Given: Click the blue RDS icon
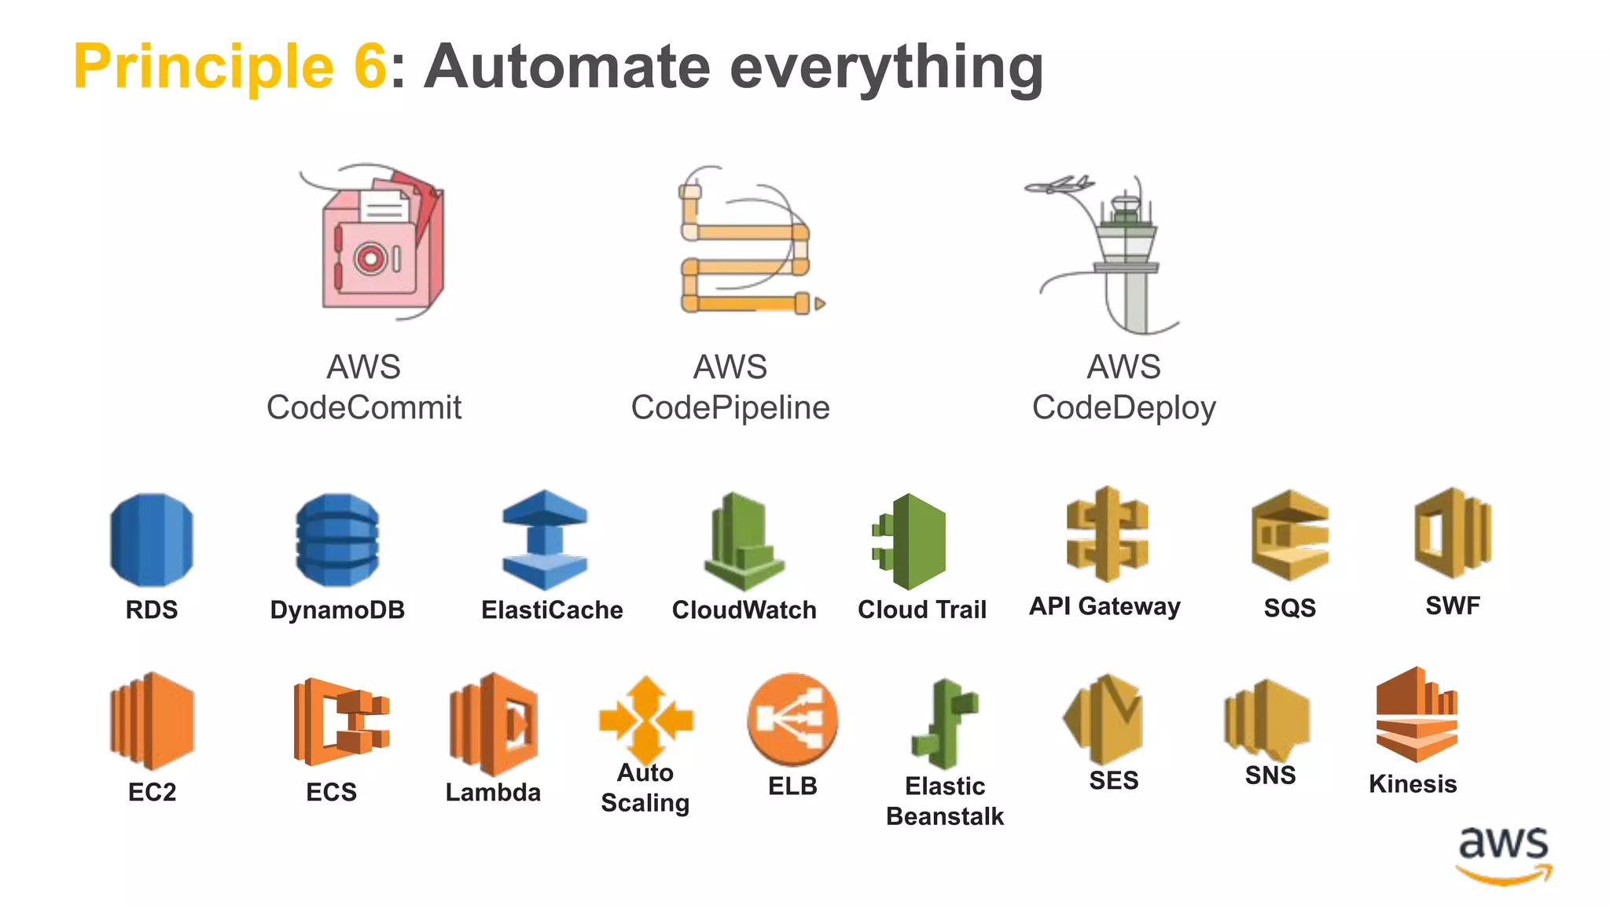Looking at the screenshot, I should pyautogui.click(x=152, y=540).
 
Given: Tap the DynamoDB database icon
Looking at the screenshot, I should pyautogui.click(x=337, y=540).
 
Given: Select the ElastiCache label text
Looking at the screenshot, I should pyautogui.click(x=552, y=610).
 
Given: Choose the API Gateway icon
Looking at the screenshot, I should pyautogui.click(x=1107, y=534).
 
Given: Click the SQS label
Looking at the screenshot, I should pyautogui.click(x=1289, y=608).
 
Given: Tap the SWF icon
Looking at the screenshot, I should pyautogui.click(x=1452, y=532).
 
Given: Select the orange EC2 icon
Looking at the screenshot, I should pyautogui.click(x=152, y=720).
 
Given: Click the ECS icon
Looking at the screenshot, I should pyautogui.click(x=340, y=721).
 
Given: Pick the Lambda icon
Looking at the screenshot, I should pyautogui.click(x=494, y=724).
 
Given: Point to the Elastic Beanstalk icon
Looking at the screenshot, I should pyautogui.click(x=946, y=724).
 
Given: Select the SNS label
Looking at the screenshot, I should pyautogui.click(x=1270, y=775).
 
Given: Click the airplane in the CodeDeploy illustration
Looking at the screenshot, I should pyautogui.click(x=1059, y=186).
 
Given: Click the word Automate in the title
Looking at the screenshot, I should pyautogui.click(x=567, y=68).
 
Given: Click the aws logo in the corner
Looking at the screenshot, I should pyautogui.click(x=1503, y=854).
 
